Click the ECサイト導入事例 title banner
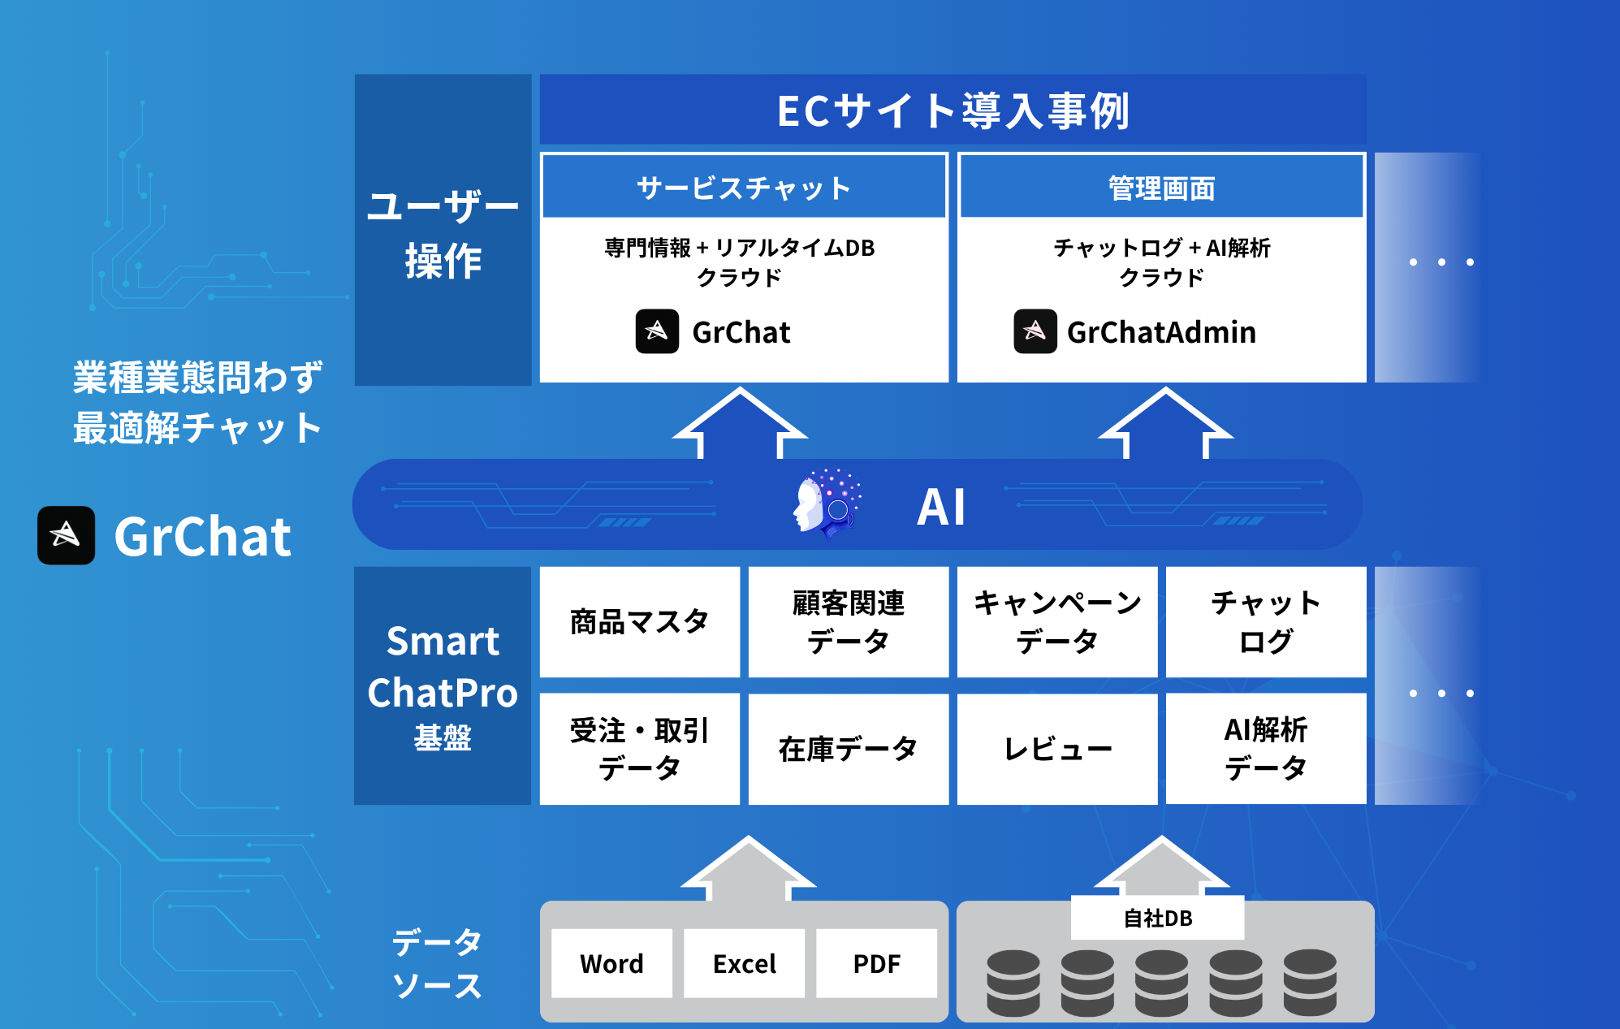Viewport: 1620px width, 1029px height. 953,110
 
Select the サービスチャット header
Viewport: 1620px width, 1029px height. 744,188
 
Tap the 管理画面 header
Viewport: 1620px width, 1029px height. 1161,188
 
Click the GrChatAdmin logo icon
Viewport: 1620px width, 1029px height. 1035,331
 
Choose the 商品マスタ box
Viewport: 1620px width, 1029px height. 639,622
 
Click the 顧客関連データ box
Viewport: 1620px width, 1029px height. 848,622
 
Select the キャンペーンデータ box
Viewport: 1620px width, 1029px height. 1056,622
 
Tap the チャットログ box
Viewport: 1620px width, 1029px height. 1265,622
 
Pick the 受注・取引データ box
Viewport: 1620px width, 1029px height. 639,749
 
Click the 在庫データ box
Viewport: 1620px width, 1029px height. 848,749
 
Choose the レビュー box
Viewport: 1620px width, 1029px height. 1056,749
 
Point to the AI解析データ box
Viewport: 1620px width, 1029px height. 1265,749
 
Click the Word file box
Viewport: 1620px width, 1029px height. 611,963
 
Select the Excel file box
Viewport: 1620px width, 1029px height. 744,963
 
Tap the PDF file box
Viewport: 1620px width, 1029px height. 876,963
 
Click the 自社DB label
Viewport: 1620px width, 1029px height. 1157,918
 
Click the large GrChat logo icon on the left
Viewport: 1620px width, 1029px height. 66,535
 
